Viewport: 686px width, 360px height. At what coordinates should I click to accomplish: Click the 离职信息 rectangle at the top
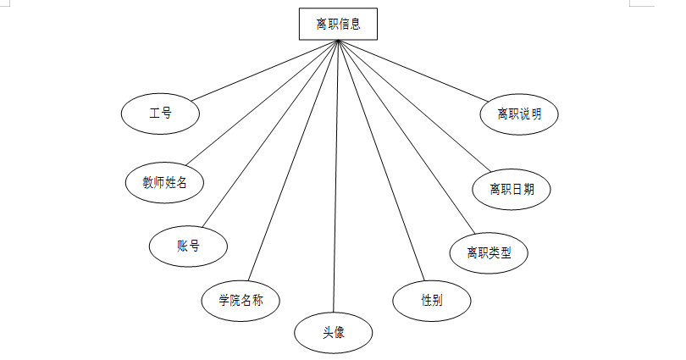pyautogui.click(x=338, y=24)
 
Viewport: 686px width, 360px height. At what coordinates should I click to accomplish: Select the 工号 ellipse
pyautogui.click(x=161, y=113)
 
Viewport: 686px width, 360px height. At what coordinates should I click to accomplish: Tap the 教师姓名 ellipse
pyautogui.click(x=165, y=180)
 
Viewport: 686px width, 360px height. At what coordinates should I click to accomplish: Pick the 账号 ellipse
pyautogui.click(x=188, y=246)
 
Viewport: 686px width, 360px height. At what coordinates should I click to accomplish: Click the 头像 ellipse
pyautogui.click(x=333, y=333)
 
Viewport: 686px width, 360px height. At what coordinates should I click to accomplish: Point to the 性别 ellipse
pyautogui.click(x=432, y=300)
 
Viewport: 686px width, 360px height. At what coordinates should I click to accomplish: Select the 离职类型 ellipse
pyautogui.click(x=490, y=252)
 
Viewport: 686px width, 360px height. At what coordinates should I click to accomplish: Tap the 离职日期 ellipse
pyautogui.click(x=512, y=188)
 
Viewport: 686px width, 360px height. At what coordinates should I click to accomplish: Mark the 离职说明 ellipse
pyautogui.click(x=520, y=114)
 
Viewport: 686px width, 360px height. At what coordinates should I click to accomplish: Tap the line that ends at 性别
pyautogui.click(x=378, y=161)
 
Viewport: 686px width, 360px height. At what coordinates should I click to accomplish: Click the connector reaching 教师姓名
pyautogui.click(x=262, y=102)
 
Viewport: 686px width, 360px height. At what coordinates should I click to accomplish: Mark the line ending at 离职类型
pyautogui.click(x=403, y=137)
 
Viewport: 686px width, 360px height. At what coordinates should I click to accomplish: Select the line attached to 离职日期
pyautogui.click(x=414, y=102)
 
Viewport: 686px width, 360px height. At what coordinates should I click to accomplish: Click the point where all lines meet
pyautogui.click(x=338, y=41)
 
